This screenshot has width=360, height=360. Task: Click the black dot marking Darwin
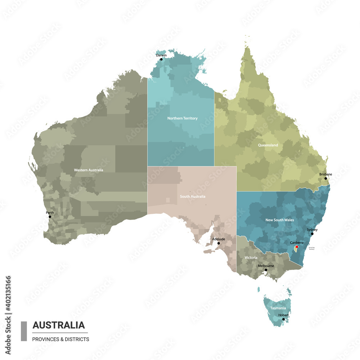[161, 59]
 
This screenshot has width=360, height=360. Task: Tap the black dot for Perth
[50, 217]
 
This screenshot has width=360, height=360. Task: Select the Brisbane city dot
[326, 178]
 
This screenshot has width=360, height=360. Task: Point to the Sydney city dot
[312, 234]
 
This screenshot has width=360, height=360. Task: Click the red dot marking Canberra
[297, 247]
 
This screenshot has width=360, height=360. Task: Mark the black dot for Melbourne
[266, 270]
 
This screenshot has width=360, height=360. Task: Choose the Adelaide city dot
[219, 243]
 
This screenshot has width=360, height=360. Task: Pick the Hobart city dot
[284, 319]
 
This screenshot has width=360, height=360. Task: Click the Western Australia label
[89, 170]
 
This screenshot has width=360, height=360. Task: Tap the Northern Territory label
[182, 118]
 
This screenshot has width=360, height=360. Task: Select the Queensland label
[268, 145]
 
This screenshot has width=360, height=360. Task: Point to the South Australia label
[193, 197]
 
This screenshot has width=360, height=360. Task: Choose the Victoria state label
[251, 258]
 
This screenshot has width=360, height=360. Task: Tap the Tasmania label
[278, 308]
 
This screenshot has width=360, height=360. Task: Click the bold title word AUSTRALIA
[59, 325]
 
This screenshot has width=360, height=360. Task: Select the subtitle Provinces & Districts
[60, 339]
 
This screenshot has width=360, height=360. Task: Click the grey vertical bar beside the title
[24, 331]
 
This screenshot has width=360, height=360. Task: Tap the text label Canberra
[297, 243]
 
